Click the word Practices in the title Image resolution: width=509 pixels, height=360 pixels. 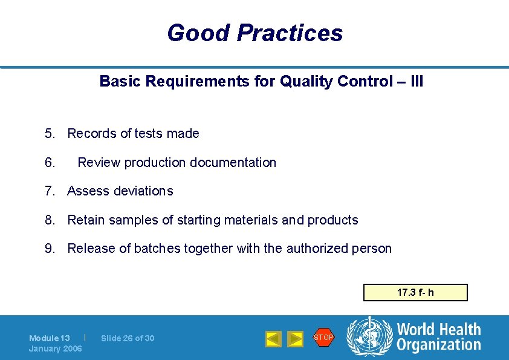(x=290, y=33)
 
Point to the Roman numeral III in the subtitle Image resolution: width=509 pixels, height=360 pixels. (x=416, y=81)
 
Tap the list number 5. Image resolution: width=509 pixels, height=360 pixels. (x=48, y=134)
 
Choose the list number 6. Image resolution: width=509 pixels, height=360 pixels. (x=48, y=163)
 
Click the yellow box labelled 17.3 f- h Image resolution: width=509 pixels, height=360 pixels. (x=415, y=293)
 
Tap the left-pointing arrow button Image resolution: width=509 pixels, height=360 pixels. (x=273, y=339)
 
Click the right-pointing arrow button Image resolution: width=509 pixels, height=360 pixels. (x=295, y=339)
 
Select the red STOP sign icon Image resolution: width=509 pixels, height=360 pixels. (x=323, y=337)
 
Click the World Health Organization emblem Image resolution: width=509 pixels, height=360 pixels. (x=368, y=336)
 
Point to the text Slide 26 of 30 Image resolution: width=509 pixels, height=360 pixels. (x=128, y=338)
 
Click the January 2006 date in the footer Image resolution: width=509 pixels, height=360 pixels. (x=56, y=349)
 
